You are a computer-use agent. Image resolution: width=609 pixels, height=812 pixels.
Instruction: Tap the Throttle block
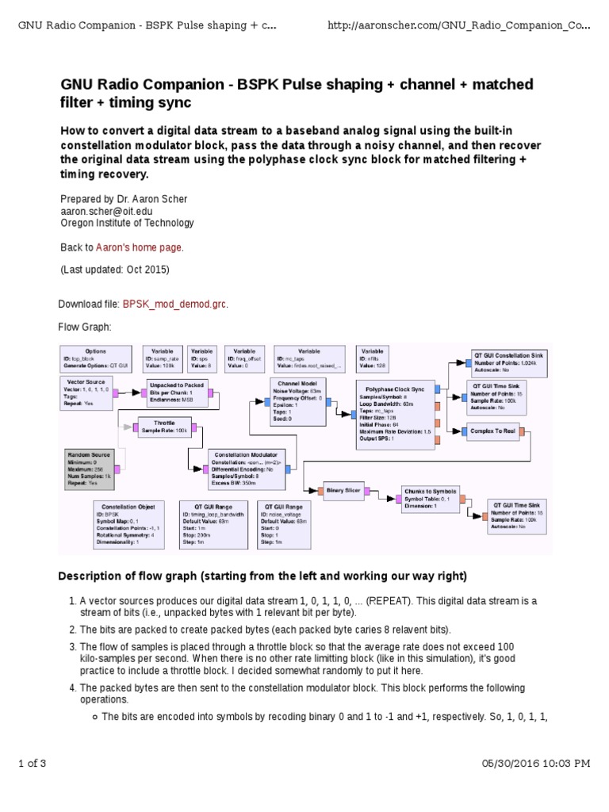point(165,427)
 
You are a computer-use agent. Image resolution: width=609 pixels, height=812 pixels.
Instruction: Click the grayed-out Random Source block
point(90,468)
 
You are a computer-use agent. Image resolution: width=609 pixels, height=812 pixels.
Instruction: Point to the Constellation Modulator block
point(247,469)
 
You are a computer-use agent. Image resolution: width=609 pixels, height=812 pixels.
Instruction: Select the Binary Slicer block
point(343,491)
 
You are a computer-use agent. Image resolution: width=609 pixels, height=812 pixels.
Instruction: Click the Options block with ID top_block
point(95,358)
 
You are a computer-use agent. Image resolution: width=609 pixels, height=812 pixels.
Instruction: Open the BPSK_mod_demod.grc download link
point(174,304)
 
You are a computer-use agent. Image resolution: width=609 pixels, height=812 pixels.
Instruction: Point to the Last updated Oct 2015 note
point(115,269)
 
